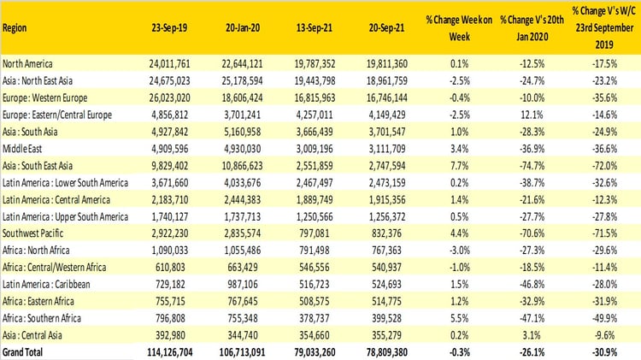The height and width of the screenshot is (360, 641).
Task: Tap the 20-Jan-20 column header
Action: pos(244,26)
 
